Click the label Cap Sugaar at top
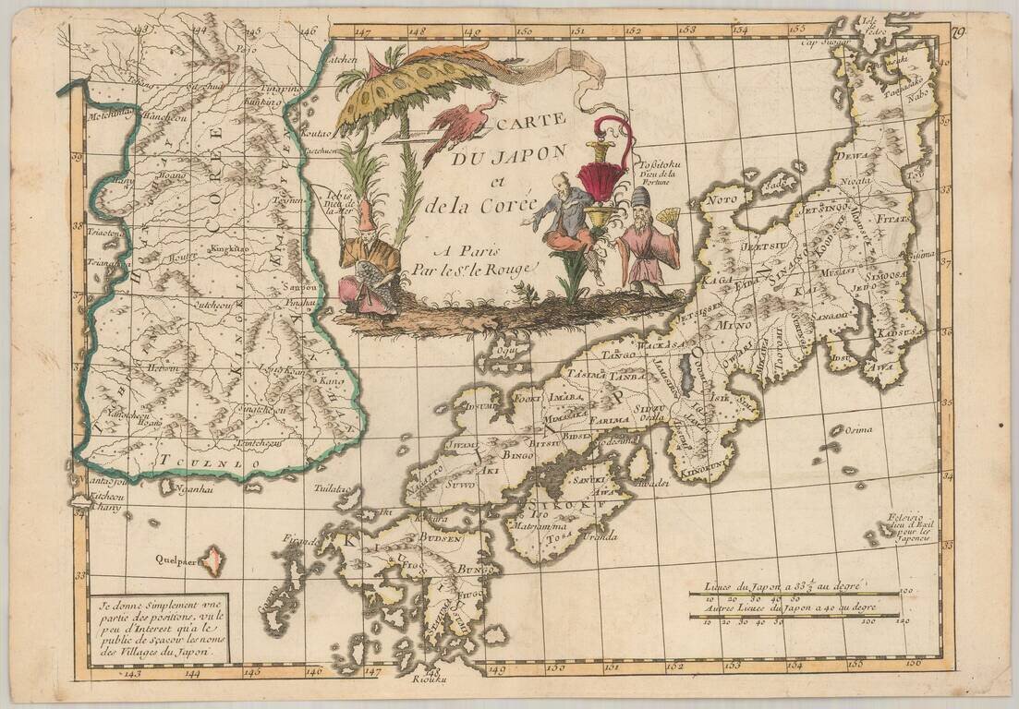click(824, 42)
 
